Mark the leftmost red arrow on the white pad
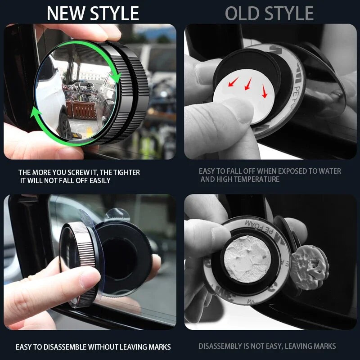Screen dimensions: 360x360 pyautogui.click(x=234, y=82)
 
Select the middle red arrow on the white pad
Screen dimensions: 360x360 pyautogui.click(x=248, y=84)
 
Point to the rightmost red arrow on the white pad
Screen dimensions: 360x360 pyautogui.click(x=264, y=91)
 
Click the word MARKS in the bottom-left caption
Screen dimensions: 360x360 pyautogui.click(x=159, y=346)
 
